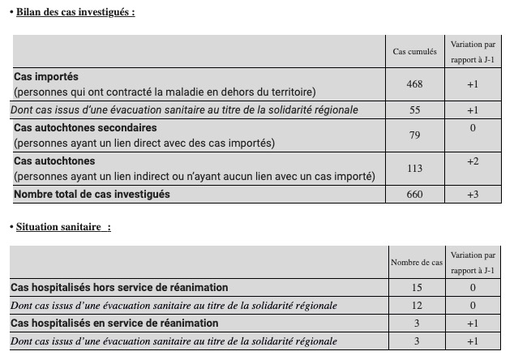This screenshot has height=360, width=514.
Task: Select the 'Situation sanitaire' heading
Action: [62, 227]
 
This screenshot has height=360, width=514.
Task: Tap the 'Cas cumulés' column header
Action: [414, 52]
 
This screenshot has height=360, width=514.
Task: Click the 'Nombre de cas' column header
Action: [416, 263]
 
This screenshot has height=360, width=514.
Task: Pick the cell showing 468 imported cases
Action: [414, 84]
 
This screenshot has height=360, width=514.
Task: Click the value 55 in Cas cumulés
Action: [414, 109]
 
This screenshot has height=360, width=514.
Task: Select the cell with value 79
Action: [414, 135]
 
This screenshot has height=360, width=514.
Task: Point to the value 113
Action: [414, 169]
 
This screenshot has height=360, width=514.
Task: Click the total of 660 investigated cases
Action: [414, 195]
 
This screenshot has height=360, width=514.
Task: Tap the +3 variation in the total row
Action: [473, 195]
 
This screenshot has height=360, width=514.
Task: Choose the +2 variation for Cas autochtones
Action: [473, 161]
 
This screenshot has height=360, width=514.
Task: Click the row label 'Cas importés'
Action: [46, 77]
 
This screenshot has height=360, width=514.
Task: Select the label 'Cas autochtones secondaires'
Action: [85, 128]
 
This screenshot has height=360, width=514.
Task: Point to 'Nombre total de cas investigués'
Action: [92, 195]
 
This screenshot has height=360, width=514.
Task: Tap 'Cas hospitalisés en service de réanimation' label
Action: [114, 324]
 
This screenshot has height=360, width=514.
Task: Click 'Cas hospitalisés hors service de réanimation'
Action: [119, 288]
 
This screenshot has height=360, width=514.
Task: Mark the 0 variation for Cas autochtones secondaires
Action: [473, 128]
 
